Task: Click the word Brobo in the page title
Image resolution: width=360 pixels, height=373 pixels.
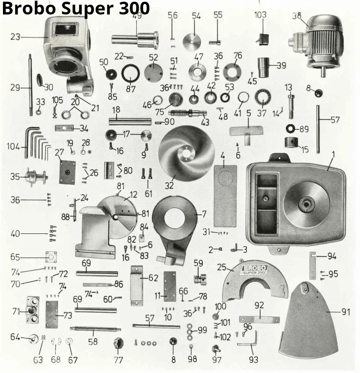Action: point(29,8)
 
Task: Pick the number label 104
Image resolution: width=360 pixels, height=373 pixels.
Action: point(13,146)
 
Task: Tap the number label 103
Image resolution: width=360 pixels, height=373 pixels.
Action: point(261,15)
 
